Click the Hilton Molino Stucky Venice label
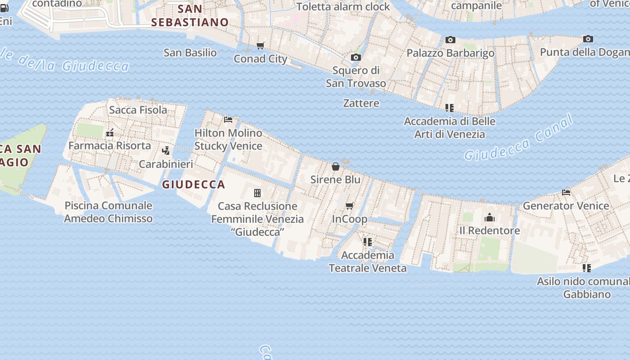point(228,139)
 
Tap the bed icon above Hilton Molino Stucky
point(228,120)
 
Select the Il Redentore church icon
point(490,218)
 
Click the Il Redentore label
point(490,230)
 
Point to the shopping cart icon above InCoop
point(350,206)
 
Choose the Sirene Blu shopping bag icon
point(336,166)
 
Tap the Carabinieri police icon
point(166,151)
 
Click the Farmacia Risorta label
point(110,145)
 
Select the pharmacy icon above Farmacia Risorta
point(110,133)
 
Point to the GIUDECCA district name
point(193,184)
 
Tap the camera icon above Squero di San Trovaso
point(355,58)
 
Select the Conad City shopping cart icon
point(261,45)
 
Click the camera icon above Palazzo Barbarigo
point(450,40)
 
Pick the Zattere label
point(361,103)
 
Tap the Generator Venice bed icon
point(566,193)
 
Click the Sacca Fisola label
point(138,110)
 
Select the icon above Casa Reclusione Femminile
point(257,193)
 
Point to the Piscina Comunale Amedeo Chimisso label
point(108,212)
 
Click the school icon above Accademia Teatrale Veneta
point(368,242)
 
